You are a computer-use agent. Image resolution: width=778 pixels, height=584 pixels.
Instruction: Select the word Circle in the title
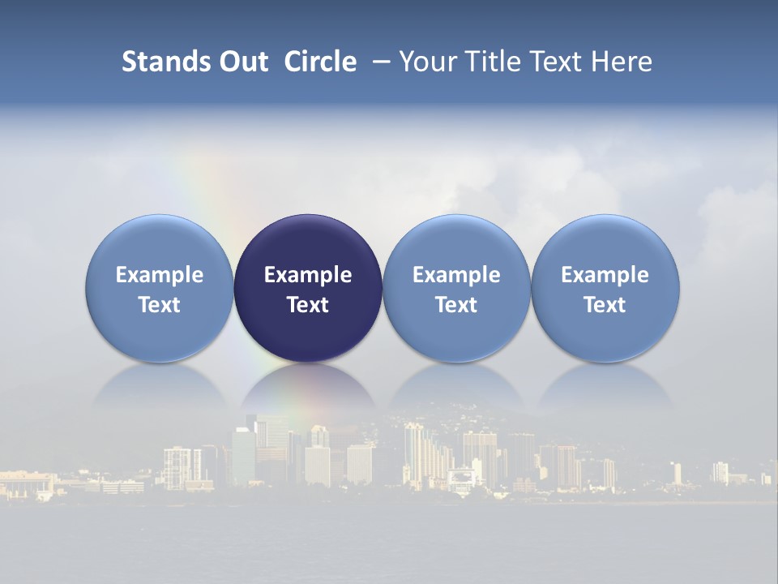[320, 62]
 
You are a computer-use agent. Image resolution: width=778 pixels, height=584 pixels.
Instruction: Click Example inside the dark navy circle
[308, 275]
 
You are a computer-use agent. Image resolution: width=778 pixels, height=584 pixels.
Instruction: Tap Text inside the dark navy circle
[308, 305]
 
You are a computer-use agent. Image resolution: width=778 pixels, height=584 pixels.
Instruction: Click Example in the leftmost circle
[160, 275]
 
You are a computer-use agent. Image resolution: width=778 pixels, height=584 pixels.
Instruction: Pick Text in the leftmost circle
[160, 305]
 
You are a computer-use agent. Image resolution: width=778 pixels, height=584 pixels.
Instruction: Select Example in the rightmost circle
[605, 275]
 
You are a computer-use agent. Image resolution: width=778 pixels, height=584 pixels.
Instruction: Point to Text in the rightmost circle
[605, 305]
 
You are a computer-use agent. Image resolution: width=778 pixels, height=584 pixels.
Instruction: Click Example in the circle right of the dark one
[456, 275]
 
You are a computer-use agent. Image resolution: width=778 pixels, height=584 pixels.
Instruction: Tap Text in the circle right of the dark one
[456, 305]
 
